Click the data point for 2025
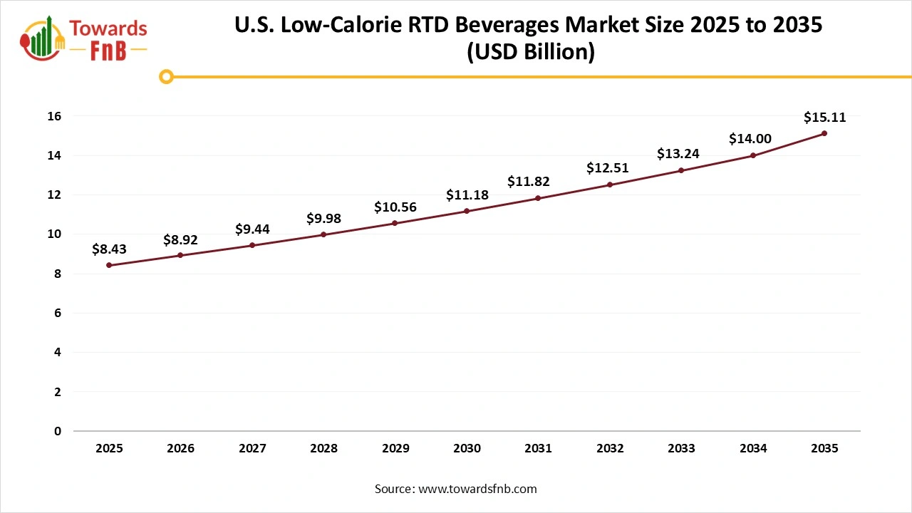[109, 265]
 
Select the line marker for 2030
[467, 211]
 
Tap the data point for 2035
[824, 133]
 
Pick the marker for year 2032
[610, 185]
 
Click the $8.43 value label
[109, 249]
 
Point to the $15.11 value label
[824, 118]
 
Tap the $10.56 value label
[395, 207]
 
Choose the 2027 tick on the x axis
[252, 449]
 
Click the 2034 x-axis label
[753, 449]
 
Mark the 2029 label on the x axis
[395, 449]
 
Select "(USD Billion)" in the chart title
[530, 52]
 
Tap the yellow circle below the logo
[166, 76]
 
